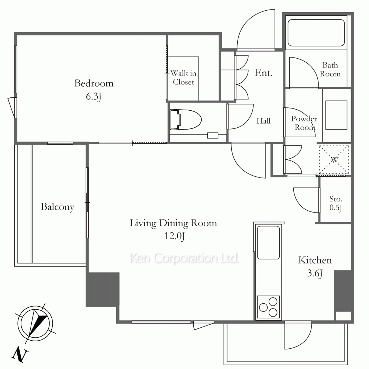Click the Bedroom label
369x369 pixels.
click(x=94, y=83)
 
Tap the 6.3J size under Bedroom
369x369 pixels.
click(x=94, y=96)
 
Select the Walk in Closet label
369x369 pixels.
click(x=183, y=77)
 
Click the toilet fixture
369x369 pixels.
click(x=186, y=119)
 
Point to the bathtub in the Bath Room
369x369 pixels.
click(x=316, y=32)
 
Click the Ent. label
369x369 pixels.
click(x=263, y=73)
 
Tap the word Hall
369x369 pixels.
click(x=263, y=121)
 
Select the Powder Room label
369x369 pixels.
click(x=304, y=123)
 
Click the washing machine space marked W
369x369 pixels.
click(x=334, y=160)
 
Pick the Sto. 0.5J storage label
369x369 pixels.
click(x=335, y=203)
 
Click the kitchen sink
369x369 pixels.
click(x=268, y=242)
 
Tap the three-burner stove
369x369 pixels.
click(x=268, y=307)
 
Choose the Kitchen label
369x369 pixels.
click(x=315, y=260)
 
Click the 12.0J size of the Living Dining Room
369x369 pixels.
click(x=174, y=236)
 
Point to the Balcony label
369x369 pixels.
click(x=58, y=207)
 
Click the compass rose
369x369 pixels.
click(x=35, y=323)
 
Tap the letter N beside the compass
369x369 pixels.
click(x=20, y=354)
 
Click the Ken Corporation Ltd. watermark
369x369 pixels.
click(x=184, y=258)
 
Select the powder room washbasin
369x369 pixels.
click(x=336, y=115)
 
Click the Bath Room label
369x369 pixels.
click(x=330, y=69)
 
